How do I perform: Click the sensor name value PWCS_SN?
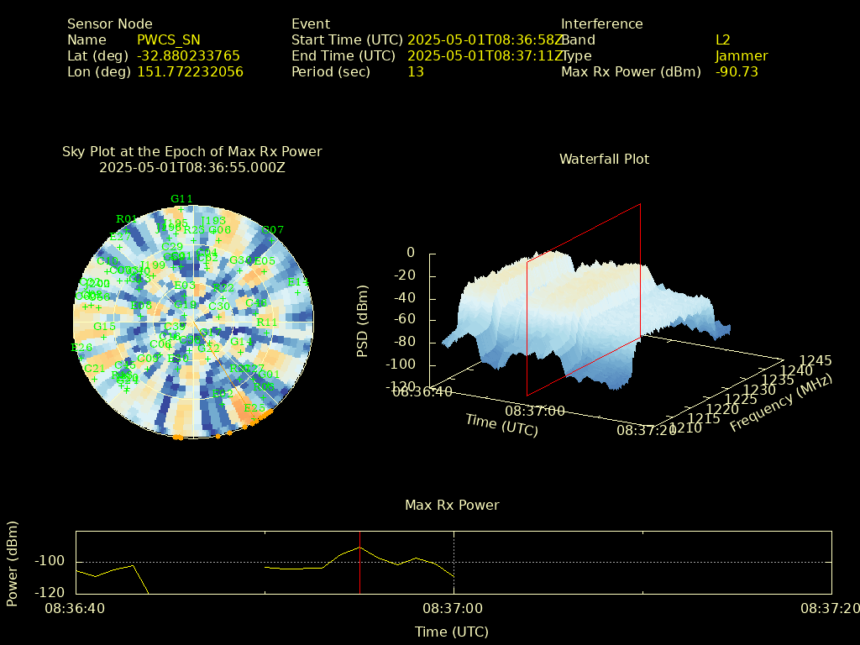pyautogui.click(x=168, y=40)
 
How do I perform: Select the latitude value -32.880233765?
pyautogui.click(x=188, y=56)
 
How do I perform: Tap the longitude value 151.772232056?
pyautogui.click(x=190, y=72)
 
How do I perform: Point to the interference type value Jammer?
pyautogui.click(x=742, y=56)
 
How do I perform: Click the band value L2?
pyautogui.click(x=722, y=40)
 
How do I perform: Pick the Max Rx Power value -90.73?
pyautogui.click(x=737, y=72)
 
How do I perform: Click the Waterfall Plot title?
pyautogui.click(x=604, y=160)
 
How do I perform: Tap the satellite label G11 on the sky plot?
pyautogui.click(x=181, y=199)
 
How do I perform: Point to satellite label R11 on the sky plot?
pyautogui.click(x=267, y=322)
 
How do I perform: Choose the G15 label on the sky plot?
pyautogui.click(x=104, y=327)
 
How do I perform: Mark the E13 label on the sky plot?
pyautogui.click(x=298, y=282)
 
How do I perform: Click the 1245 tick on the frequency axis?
pyautogui.click(x=816, y=361)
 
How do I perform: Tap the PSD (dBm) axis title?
pyautogui.click(x=363, y=320)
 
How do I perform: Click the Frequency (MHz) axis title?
pyautogui.click(x=780, y=403)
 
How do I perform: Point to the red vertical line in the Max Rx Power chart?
pyautogui.click(x=359, y=563)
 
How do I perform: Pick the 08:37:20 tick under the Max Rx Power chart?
pyautogui.click(x=830, y=608)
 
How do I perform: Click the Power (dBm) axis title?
pyautogui.click(x=13, y=563)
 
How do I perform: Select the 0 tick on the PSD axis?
pyautogui.click(x=411, y=253)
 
